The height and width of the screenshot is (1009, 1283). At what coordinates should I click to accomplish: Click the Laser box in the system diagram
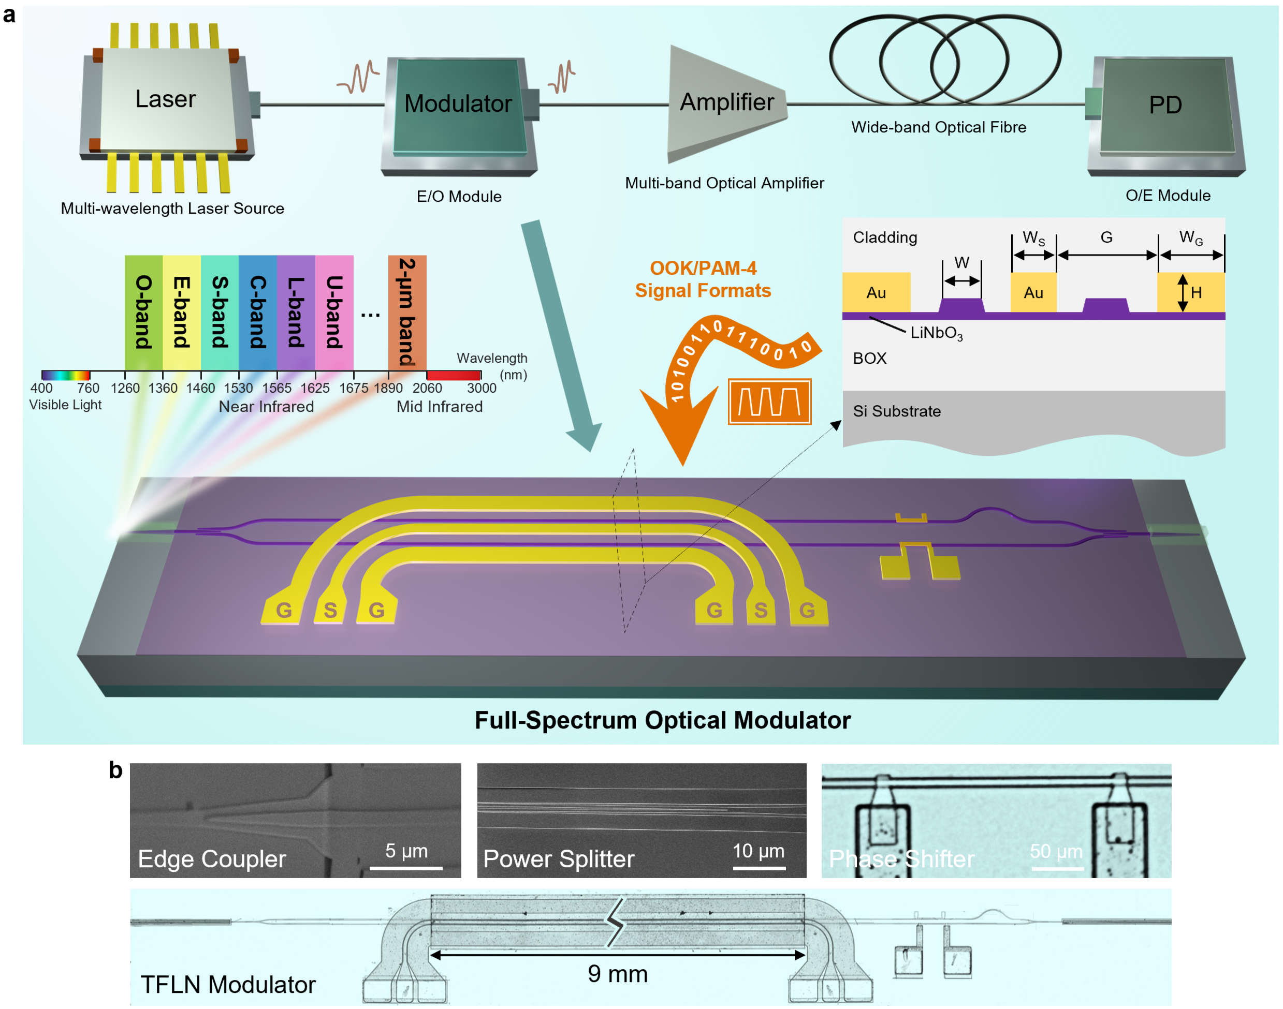pyautogui.click(x=166, y=99)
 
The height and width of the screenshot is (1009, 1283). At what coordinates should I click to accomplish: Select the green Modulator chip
pyautogui.click(x=458, y=105)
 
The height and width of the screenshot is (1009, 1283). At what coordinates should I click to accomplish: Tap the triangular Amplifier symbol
pyautogui.click(x=726, y=103)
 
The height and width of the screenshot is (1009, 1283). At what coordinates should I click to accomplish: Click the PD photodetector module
pyautogui.click(x=1165, y=106)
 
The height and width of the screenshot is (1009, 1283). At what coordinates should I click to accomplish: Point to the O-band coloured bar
pyautogui.click(x=143, y=312)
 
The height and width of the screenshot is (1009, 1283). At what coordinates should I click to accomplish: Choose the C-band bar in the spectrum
pyautogui.click(x=258, y=312)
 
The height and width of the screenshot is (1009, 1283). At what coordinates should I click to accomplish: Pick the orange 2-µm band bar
pyautogui.click(x=406, y=312)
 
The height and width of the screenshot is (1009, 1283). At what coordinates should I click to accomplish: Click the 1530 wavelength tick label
pyautogui.click(x=238, y=388)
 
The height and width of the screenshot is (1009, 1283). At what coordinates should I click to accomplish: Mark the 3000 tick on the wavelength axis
pyautogui.click(x=481, y=388)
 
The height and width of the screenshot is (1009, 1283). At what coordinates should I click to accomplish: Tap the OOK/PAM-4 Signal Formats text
pyautogui.click(x=703, y=279)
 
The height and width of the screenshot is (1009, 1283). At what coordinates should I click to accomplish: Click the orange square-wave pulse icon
pyautogui.click(x=769, y=402)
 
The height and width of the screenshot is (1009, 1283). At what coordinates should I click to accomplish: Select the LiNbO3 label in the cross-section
pyautogui.click(x=936, y=333)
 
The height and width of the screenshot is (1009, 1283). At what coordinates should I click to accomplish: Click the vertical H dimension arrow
pyautogui.click(x=1183, y=292)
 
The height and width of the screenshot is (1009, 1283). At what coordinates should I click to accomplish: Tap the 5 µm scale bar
pyautogui.click(x=406, y=867)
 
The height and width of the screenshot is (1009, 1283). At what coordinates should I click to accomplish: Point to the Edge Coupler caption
pyautogui.click(x=212, y=859)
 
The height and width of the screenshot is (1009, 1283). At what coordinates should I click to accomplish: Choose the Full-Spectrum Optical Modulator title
pyautogui.click(x=663, y=720)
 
